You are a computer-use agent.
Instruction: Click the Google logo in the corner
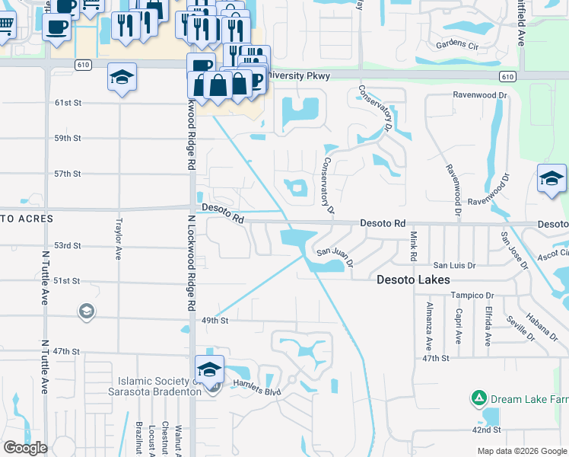pos(25,447)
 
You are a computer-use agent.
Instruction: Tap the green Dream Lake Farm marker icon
pos(478,398)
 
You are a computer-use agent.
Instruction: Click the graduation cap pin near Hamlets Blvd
pos(209,369)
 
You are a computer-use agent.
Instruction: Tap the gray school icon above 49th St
pos(86,311)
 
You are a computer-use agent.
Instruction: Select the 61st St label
pos(67,102)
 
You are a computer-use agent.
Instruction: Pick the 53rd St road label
pos(67,245)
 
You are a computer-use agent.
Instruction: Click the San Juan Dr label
pos(335,255)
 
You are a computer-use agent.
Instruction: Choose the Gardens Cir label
pos(456,46)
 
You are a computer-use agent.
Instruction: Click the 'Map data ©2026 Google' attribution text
pos(522,451)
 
